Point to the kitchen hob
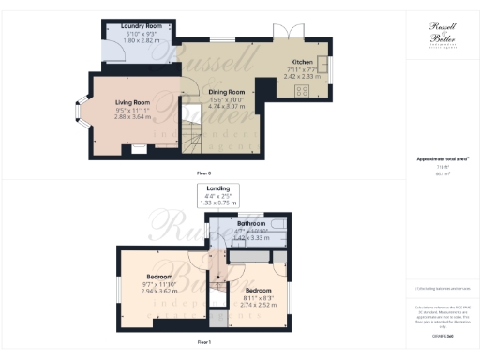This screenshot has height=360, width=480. [303, 92]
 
